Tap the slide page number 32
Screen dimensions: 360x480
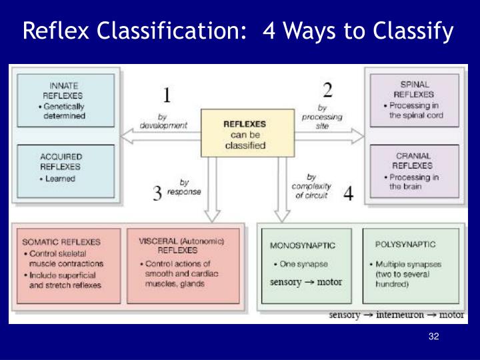(434, 336)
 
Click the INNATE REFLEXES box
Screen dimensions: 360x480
(65, 100)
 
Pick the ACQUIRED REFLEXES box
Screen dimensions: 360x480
(65, 171)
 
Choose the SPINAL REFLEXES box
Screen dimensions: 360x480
(415, 100)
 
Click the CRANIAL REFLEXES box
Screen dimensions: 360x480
(415, 171)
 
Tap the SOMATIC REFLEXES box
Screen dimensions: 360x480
(67, 266)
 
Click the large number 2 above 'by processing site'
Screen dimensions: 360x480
(327, 89)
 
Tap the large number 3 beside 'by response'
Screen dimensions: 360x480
(157, 194)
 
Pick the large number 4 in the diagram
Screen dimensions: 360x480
(349, 194)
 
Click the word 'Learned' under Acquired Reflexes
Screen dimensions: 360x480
(61, 179)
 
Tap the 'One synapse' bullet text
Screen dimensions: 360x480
(297, 265)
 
